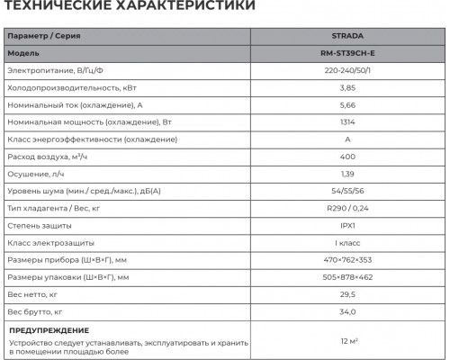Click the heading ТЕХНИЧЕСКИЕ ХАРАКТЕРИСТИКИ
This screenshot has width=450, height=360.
[x=127, y=8]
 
